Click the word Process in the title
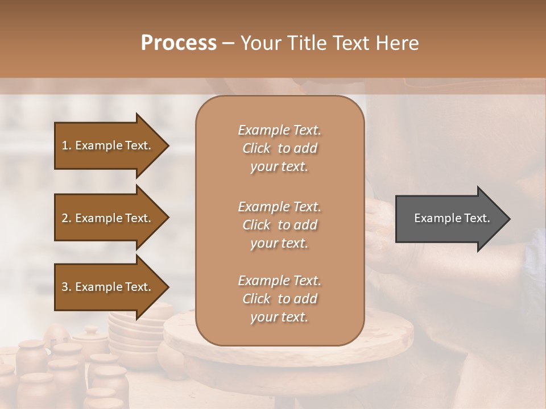(179, 43)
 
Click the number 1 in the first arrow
(65, 145)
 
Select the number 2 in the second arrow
(65, 218)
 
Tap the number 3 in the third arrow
(65, 287)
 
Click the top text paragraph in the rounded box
(279, 148)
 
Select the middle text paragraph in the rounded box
(279, 224)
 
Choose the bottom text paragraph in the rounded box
(279, 299)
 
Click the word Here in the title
(398, 43)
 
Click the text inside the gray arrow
(452, 218)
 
